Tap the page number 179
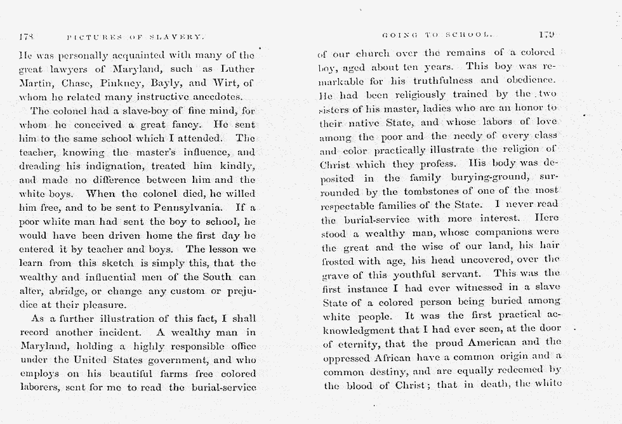click(x=546, y=34)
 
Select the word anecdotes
click(x=215, y=96)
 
